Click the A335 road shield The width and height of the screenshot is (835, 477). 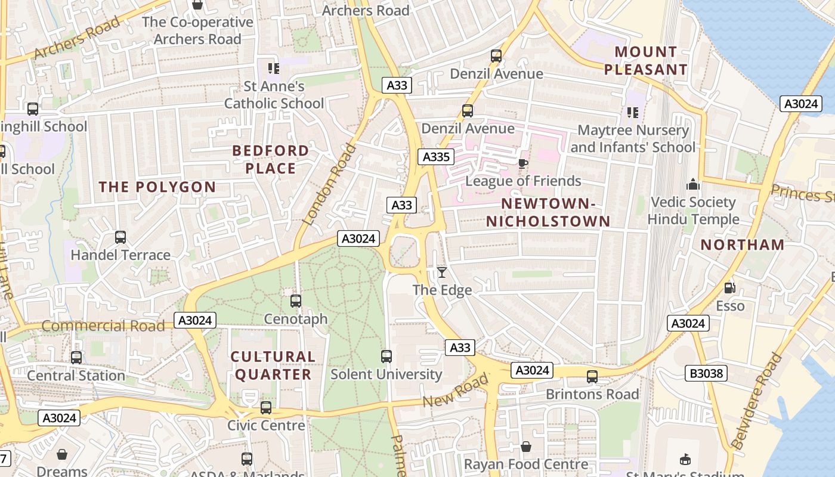[x=435, y=157]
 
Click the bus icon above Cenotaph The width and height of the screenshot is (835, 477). [x=296, y=301]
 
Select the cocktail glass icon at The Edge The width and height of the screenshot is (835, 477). [x=441, y=273]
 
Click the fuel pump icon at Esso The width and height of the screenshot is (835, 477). [x=729, y=288]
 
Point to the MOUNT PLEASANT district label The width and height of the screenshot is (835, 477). [x=645, y=61]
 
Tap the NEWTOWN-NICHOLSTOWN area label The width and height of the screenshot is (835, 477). [x=548, y=212]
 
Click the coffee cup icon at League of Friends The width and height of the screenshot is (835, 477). [x=523, y=163]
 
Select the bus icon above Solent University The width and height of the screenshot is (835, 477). [x=386, y=357]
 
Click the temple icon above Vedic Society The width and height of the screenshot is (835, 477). [x=692, y=184]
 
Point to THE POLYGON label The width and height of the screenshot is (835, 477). [x=157, y=187]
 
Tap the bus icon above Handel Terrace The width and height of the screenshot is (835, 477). [x=120, y=237]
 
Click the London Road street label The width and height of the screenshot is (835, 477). [x=329, y=184]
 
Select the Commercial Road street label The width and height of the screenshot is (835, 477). [x=103, y=326]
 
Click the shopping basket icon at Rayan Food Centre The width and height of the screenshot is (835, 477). [x=526, y=447]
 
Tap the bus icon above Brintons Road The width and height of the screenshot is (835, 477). [x=592, y=377]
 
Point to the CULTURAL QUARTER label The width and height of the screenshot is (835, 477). [x=273, y=366]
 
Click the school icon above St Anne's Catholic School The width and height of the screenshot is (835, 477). [x=274, y=69]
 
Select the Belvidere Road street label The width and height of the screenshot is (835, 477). [x=756, y=401]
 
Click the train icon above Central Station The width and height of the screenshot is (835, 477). [x=76, y=358]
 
